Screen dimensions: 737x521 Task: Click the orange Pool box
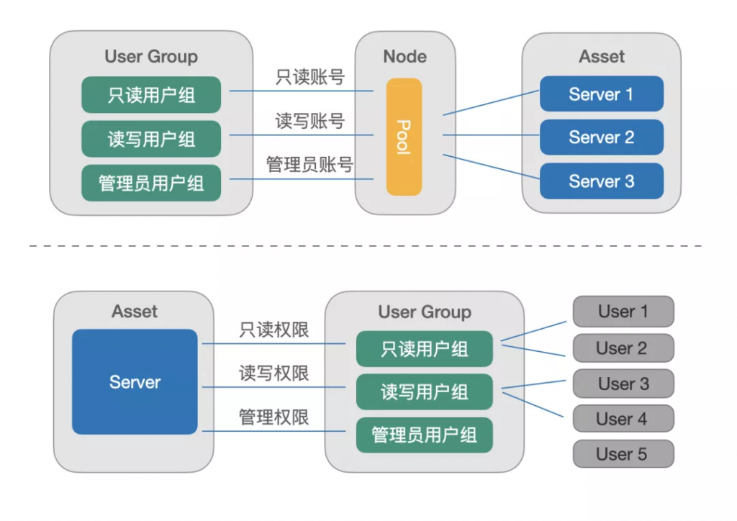(x=404, y=137)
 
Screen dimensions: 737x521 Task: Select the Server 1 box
(x=602, y=94)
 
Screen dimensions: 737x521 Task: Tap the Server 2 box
(x=602, y=137)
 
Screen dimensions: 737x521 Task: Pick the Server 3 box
(x=602, y=181)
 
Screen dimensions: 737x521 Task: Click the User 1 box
(x=623, y=311)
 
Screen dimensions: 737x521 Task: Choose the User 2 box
(x=623, y=348)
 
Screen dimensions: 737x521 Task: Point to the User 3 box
(x=623, y=384)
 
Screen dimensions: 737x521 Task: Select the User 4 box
(x=623, y=418)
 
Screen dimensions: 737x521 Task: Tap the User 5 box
(x=623, y=453)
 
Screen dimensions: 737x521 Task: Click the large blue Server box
(x=135, y=381)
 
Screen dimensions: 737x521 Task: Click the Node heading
(x=404, y=56)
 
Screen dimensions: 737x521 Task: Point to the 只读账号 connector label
(x=310, y=76)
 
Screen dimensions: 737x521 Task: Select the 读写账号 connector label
(x=310, y=121)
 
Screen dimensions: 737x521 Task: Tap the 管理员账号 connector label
(x=309, y=164)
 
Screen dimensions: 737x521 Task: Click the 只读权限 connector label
(x=274, y=330)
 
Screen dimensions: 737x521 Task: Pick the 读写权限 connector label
(x=274, y=373)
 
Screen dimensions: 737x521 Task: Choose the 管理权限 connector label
(x=274, y=417)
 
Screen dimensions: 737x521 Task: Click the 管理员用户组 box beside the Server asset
(x=425, y=435)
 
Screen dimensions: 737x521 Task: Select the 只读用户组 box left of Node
(x=151, y=95)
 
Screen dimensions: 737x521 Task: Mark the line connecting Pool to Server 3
(x=491, y=167)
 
